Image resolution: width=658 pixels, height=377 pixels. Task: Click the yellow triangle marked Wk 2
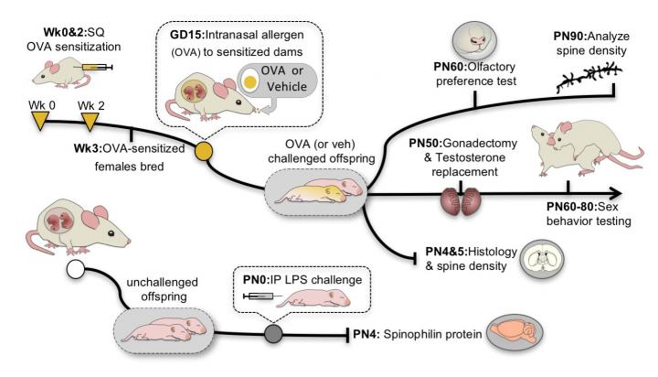pyautogui.click(x=90, y=118)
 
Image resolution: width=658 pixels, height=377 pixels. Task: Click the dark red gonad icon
pyautogui.click(x=462, y=204)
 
